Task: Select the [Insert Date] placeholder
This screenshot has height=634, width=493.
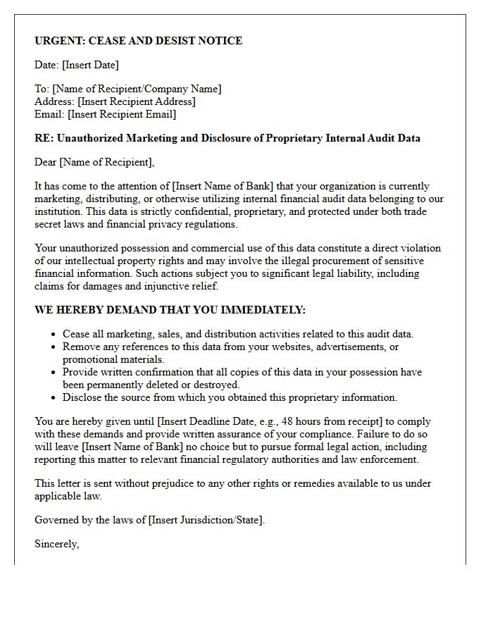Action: pyautogui.click(x=90, y=65)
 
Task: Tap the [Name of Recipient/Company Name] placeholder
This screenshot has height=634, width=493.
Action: pyautogui.click(x=137, y=89)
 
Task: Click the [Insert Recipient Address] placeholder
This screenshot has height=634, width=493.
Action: pyautogui.click(x=136, y=101)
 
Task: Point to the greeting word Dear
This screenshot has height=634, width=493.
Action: pyautogui.click(x=46, y=162)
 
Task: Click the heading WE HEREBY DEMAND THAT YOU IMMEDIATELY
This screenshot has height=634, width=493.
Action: pyautogui.click(x=170, y=310)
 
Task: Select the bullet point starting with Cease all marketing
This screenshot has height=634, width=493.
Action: pyautogui.click(x=238, y=334)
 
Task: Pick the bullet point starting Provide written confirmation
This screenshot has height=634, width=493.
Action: pyautogui.click(x=242, y=372)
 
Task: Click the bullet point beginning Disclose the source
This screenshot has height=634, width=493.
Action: pyautogui.click(x=230, y=397)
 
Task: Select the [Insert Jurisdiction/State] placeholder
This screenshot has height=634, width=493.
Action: pyautogui.click(x=206, y=520)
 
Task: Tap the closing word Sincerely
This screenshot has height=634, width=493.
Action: pyautogui.click(x=56, y=544)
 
